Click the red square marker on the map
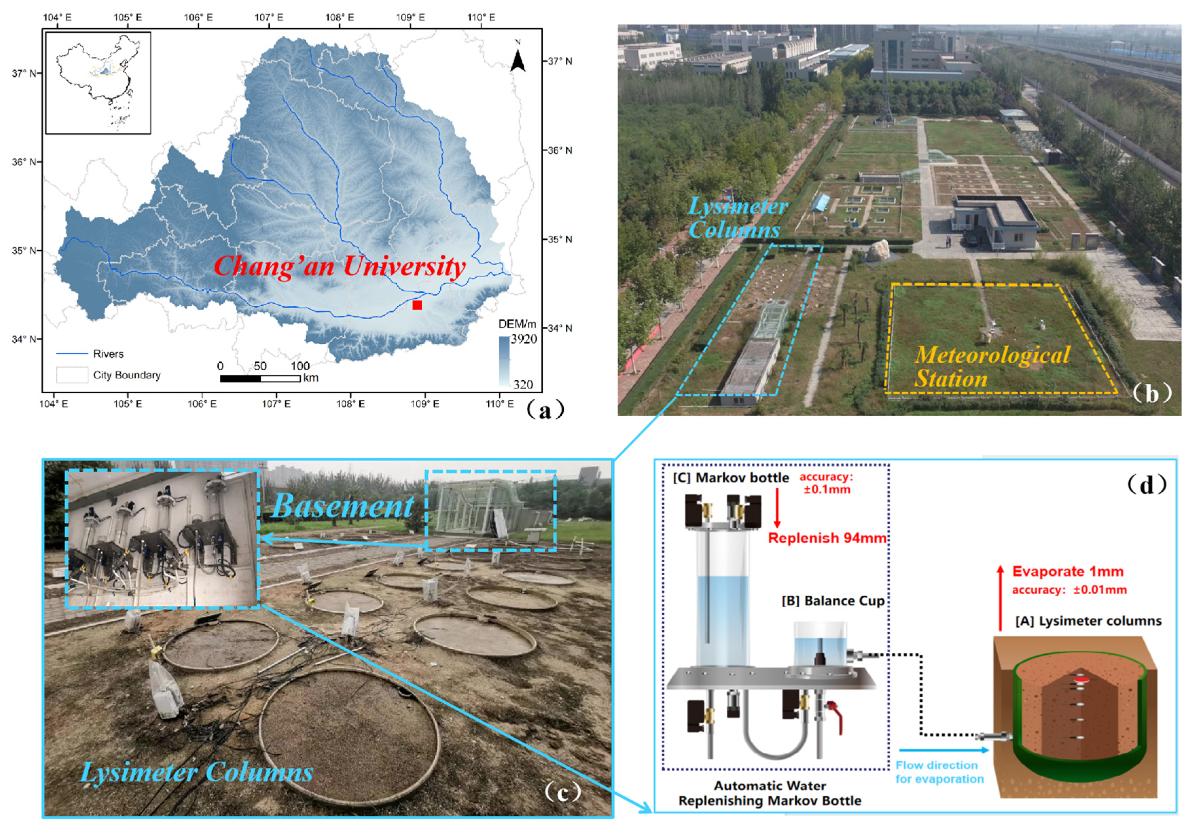(417, 305)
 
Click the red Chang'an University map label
(340, 267)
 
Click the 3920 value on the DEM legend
(524, 339)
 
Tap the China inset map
(98, 83)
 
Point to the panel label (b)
(1152, 393)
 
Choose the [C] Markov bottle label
(730, 477)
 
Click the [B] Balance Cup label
(833, 601)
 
